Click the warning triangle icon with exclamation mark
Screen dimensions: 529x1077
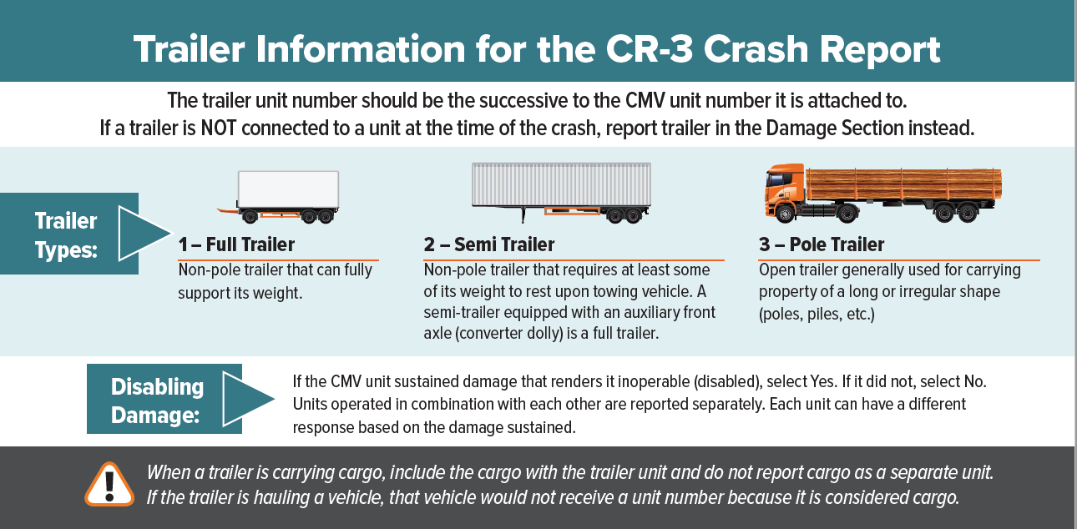[x=109, y=483]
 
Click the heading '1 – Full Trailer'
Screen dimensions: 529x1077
[x=236, y=245]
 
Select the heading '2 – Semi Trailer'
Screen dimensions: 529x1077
[x=489, y=245]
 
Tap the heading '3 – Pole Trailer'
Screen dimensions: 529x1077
[x=822, y=245]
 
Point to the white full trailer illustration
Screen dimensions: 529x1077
[x=288, y=189]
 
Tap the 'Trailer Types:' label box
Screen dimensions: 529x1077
[x=67, y=234]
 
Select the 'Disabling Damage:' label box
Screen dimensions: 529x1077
[x=157, y=400]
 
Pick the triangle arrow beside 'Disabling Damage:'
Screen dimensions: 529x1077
[x=248, y=399]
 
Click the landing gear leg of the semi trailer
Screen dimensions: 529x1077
[x=523, y=215]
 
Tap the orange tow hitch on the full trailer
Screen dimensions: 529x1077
[x=226, y=209]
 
